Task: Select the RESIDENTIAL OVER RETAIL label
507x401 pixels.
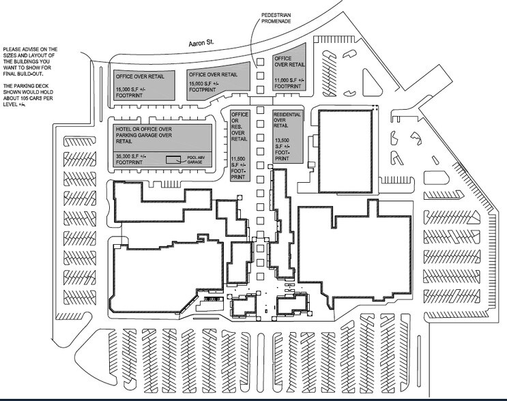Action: click(x=287, y=120)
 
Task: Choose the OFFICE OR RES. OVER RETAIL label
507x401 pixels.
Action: click(x=240, y=126)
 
